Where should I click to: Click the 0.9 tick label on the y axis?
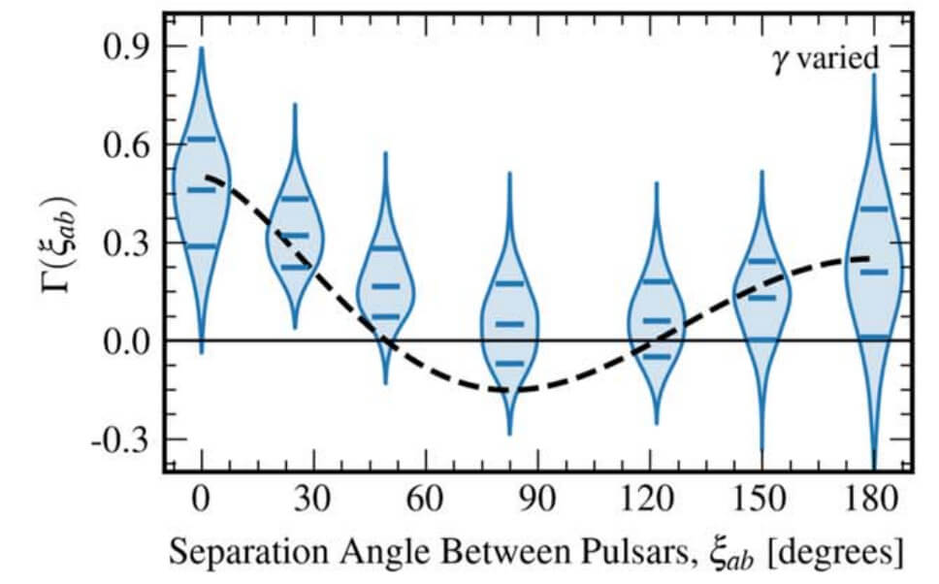[x=130, y=47]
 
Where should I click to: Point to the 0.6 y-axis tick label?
[x=130, y=146]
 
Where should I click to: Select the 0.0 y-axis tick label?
[x=130, y=341]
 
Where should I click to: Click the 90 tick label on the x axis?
[x=539, y=501]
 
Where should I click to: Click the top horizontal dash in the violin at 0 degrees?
[x=201, y=139]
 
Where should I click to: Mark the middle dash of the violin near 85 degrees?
[x=509, y=323]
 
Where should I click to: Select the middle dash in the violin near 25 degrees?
[x=294, y=235]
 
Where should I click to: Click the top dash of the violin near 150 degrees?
[x=762, y=261]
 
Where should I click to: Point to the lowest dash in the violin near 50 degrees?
[x=386, y=316]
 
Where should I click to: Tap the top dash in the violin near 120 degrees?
[x=657, y=281]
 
